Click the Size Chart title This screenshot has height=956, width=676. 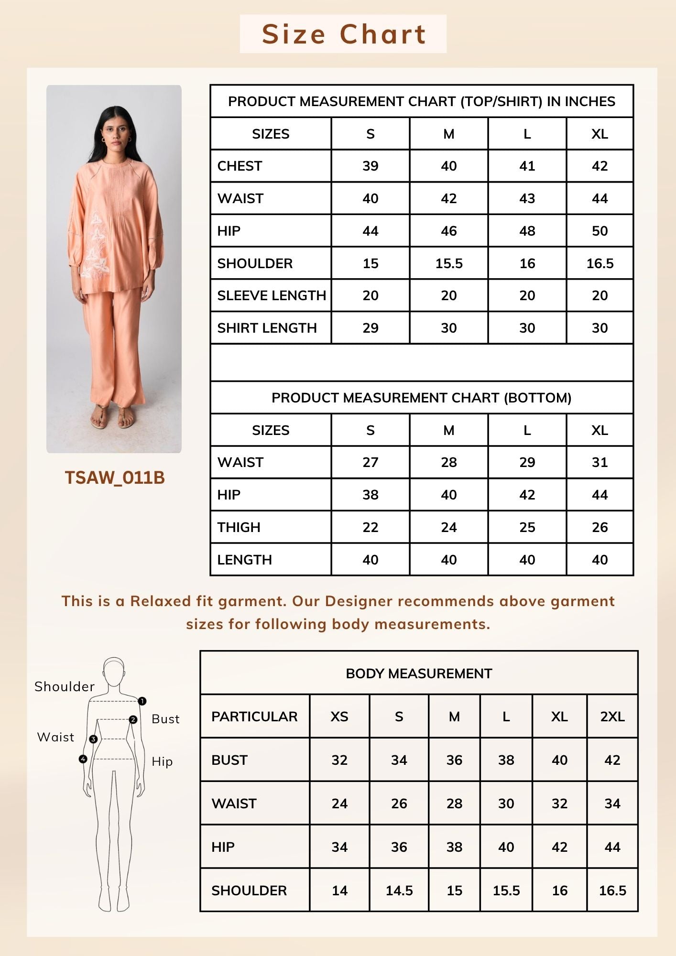[343, 34]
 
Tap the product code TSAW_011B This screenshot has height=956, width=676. [115, 478]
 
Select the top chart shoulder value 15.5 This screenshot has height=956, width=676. [449, 263]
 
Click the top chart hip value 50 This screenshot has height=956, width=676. [600, 231]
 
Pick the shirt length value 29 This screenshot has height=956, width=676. [370, 328]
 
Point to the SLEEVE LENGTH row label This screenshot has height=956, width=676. [271, 295]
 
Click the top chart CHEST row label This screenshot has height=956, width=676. [240, 166]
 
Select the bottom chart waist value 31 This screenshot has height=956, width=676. [600, 462]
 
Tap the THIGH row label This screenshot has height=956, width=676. [239, 527]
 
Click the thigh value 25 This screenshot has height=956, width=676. [527, 527]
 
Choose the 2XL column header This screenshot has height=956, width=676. [612, 717]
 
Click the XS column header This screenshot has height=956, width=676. [339, 717]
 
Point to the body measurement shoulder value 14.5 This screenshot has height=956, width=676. [399, 891]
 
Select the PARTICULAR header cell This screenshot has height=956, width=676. [254, 717]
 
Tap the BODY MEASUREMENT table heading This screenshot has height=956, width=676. [419, 674]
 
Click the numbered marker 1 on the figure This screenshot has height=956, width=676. [142, 701]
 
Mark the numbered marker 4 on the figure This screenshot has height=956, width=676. [83, 759]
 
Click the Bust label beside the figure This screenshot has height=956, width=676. [165, 719]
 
